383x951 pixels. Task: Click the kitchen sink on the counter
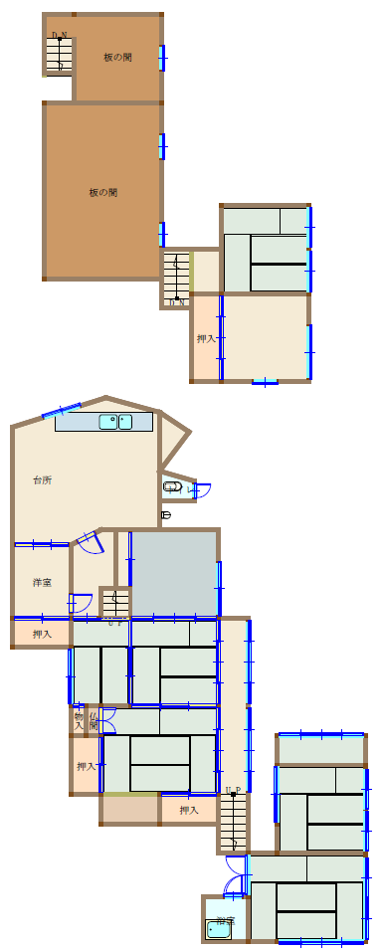(115, 422)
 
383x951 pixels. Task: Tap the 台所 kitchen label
(42, 480)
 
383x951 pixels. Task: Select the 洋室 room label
(42, 582)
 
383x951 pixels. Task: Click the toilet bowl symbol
(173, 487)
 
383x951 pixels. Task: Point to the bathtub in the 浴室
(218, 930)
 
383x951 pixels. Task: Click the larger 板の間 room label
(103, 193)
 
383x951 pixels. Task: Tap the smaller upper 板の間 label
(117, 58)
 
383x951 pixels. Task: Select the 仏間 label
(93, 719)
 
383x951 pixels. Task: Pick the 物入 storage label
(78, 719)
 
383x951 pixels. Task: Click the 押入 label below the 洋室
(42, 634)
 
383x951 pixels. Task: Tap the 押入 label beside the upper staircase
(206, 339)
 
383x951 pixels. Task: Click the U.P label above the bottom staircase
(233, 792)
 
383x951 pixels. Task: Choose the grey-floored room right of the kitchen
(174, 574)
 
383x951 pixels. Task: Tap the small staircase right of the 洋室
(114, 604)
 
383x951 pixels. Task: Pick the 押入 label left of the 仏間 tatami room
(86, 766)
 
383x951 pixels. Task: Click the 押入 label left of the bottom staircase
(188, 811)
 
